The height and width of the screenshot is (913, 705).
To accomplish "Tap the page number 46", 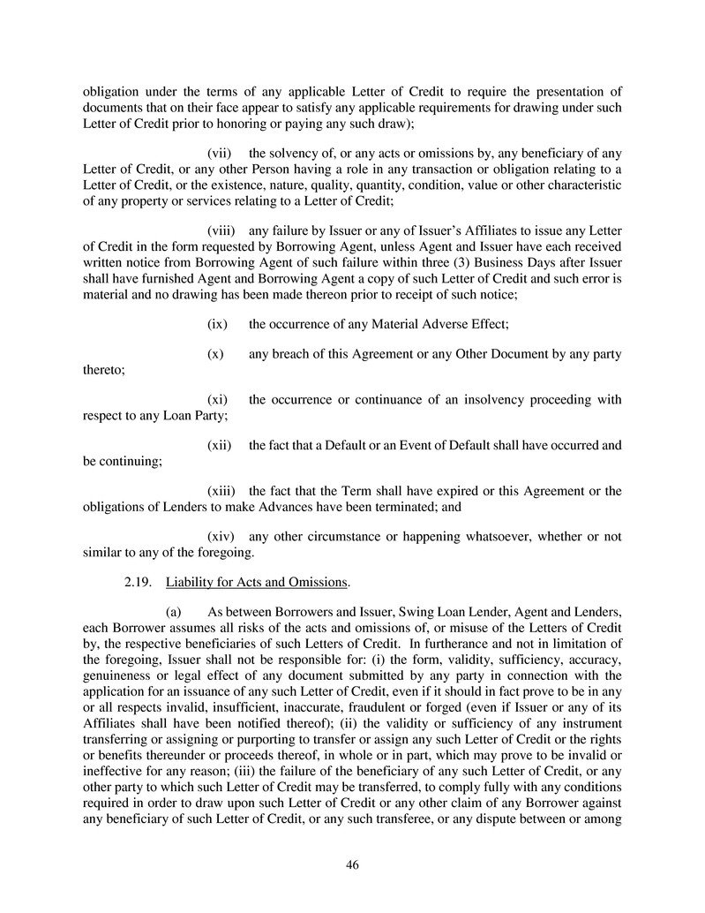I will [352, 865].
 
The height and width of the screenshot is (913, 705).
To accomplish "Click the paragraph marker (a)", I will [175, 612].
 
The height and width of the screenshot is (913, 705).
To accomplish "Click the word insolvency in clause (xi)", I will [487, 400].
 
